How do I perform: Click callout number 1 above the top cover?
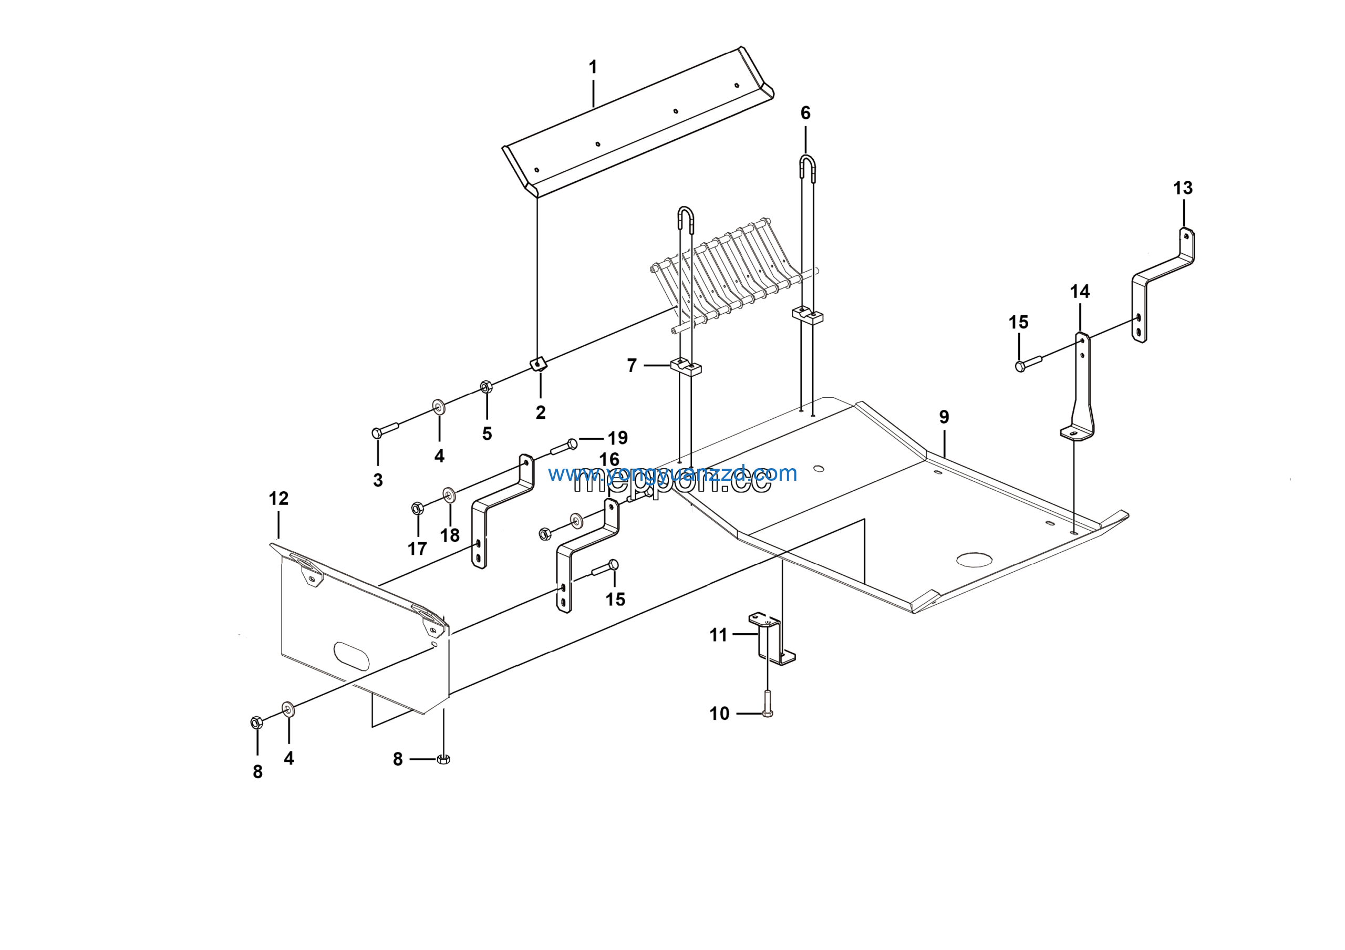click(593, 67)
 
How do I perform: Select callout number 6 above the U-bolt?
click(805, 113)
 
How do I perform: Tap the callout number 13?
click(1183, 188)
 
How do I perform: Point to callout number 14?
click(1080, 292)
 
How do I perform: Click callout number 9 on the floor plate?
click(944, 417)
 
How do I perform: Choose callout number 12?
click(278, 499)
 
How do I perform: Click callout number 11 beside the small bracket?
click(718, 635)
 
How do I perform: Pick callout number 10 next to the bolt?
click(719, 714)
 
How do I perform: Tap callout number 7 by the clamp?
click(632, 366)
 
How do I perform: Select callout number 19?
click(617, 438)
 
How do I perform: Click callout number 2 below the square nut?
click(540, 412)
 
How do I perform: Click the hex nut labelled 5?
click(485, 387)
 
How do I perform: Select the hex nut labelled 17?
click(417, 508)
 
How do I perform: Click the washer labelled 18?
click(449, 495)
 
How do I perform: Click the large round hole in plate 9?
click(974, 560)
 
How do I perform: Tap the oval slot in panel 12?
click(351, 656)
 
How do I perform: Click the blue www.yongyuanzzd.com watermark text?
click(672, 473)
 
